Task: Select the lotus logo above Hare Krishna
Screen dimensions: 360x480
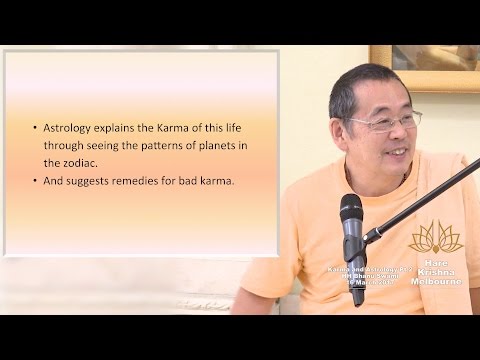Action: pyautogui.click(x=436, y=237)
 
